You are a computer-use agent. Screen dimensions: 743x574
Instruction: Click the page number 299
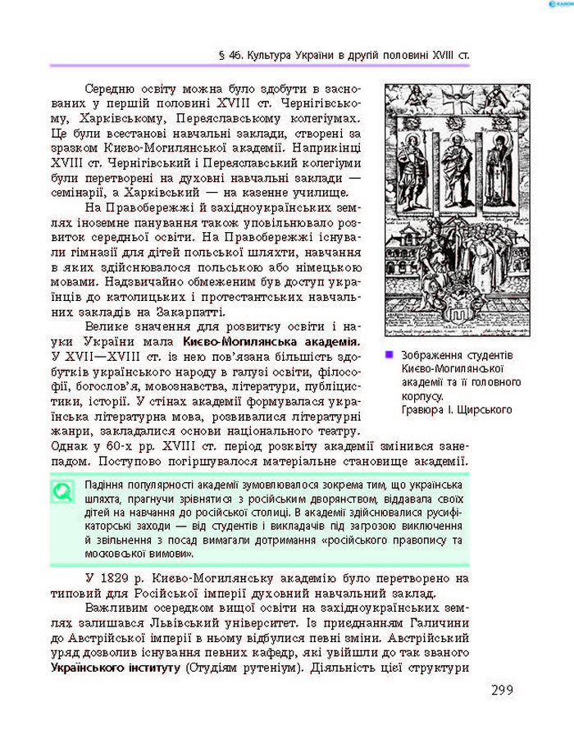click(x=502, y=690)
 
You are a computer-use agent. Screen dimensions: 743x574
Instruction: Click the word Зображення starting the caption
click(x=429, y=356)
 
